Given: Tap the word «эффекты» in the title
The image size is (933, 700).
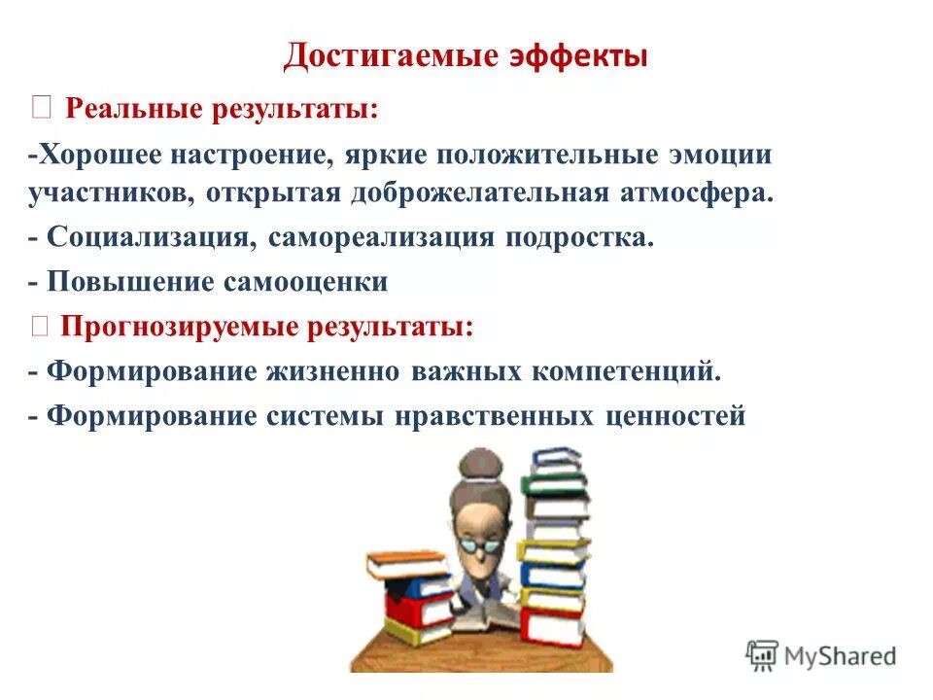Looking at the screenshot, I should [578, 55].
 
